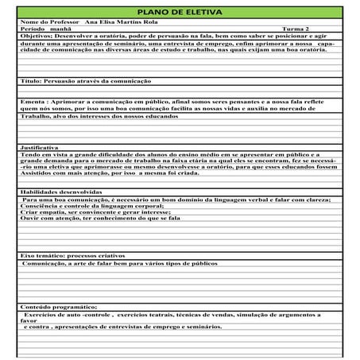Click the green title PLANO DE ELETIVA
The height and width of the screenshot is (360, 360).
pos(180,13)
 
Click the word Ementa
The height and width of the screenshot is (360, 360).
pos(33,103)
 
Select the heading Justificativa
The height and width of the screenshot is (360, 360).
pos(39,148)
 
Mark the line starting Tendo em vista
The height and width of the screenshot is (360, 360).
pos(159,155)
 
